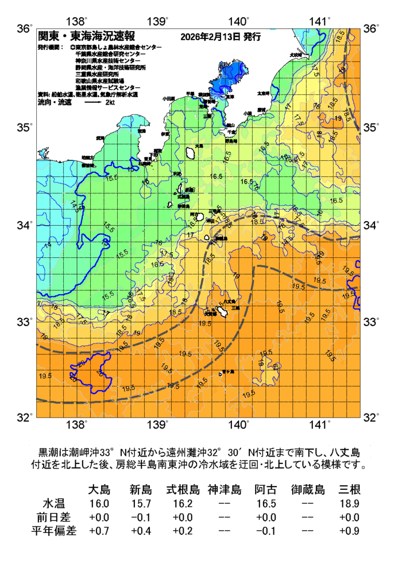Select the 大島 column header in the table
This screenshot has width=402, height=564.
[99, 490]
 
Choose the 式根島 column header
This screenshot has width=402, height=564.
[183, 490]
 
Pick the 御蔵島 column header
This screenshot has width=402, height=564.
[308, 490]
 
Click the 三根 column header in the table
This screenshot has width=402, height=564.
[349, 490]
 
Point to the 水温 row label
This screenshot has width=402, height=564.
[53, 504]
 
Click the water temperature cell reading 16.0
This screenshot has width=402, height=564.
[99, 504]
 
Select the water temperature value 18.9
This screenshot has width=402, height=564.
[349, 504]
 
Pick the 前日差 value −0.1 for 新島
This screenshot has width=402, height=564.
[141, 517]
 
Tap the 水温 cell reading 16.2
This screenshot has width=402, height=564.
[183, 504]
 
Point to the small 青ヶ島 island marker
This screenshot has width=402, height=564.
[220, 374]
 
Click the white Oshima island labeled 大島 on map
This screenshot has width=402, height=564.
[191, 153]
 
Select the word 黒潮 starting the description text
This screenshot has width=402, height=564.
[48, 451]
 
